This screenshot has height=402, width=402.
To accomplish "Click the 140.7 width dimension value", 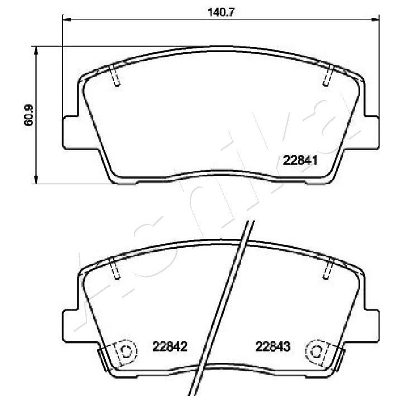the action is point(221,12).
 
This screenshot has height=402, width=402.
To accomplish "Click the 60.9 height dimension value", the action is point(28,115).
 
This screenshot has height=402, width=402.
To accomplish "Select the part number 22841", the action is point(300,161).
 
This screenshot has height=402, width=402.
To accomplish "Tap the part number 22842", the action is point(170,347).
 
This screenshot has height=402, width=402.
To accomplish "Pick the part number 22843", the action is point(273,347).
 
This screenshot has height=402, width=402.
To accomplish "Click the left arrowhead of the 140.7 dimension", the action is point(66,19).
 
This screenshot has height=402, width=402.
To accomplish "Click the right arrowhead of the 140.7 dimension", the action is point(375,19).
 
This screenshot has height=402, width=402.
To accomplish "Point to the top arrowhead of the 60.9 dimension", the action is point(36,50).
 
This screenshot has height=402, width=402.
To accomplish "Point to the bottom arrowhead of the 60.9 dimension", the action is point(36,180).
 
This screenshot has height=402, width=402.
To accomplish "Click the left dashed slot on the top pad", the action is point(114,75).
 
